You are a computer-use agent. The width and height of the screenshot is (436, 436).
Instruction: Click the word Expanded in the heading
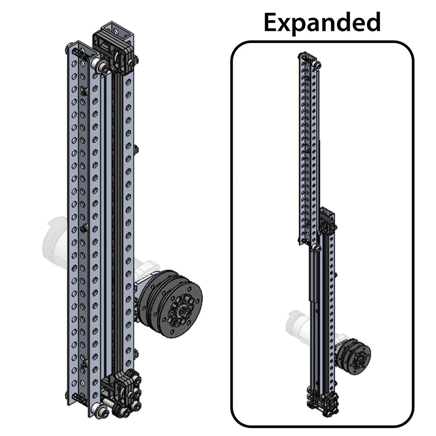(x=322, y=22)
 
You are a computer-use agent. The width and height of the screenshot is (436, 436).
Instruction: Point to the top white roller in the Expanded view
(x=317, y=65)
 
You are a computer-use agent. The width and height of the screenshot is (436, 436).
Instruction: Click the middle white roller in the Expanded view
(x=316, y=249)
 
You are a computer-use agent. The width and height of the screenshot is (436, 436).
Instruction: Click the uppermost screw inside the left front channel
(x=83, y=91)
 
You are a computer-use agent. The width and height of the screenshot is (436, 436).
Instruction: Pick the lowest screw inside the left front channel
(x=83, y=363)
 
